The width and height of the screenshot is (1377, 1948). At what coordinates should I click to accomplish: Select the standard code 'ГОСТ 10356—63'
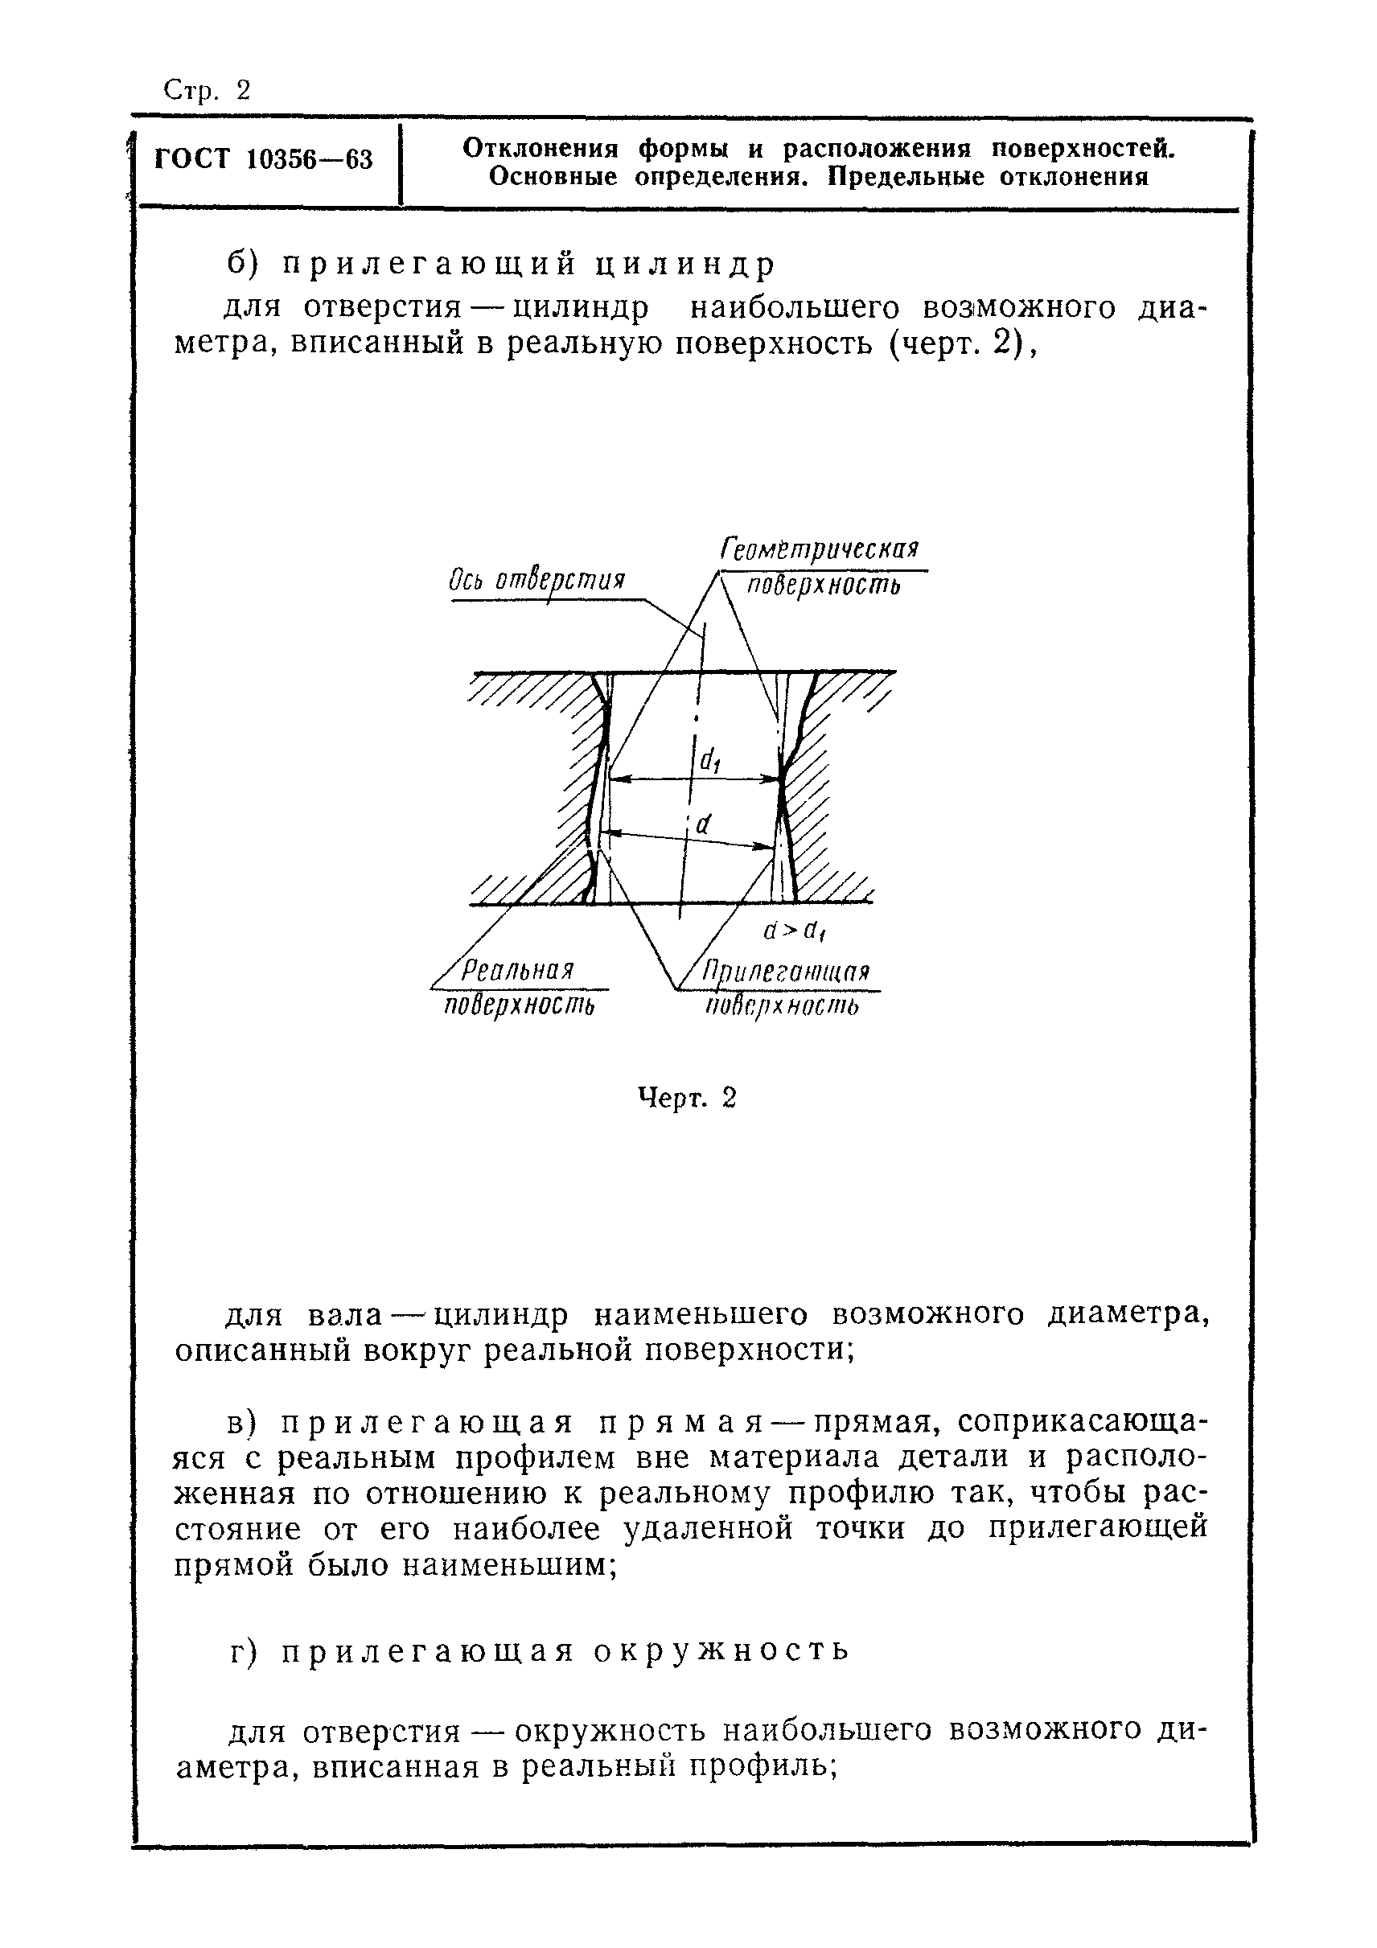(x=264, y=159)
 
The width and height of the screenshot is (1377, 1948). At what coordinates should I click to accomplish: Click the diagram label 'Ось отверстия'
(x=536, y=582)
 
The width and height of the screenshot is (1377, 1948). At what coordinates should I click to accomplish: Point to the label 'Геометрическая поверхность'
(x=821, y=567)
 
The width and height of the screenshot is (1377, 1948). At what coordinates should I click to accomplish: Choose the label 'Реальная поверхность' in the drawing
(x=520, y=988)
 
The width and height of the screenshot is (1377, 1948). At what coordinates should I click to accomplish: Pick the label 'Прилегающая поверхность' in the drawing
(x=787, y=988)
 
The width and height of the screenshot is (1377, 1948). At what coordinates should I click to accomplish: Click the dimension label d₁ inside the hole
(x=709, y=762)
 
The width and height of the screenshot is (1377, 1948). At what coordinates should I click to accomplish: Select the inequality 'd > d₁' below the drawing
(x=795, y=931)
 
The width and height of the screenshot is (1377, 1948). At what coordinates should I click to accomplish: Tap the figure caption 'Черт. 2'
(x=687, y=1099)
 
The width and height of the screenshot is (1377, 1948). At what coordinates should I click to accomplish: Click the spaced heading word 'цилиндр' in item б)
(x=684, y=265)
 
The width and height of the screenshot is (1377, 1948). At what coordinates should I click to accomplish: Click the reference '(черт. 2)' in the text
(x=959, y=346)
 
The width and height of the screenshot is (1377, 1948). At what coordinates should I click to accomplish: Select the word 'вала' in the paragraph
(x=345, y=1315)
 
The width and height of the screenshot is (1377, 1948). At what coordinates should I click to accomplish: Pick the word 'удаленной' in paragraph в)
(x=708, y=1529)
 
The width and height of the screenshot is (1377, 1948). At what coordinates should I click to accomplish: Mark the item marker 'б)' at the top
(x=246, y=265)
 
